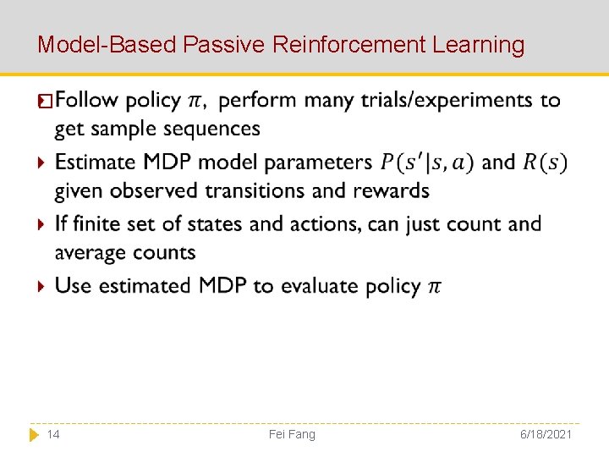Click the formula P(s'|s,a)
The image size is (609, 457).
tap(427, 162)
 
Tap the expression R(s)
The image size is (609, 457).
tap(545, 162)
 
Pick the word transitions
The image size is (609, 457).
tap(258, 191)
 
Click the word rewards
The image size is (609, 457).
tap(390, 191)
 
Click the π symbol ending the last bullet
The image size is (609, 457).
tap(433, 287)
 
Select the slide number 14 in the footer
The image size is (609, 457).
tap(52, 434)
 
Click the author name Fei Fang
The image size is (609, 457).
tap(292, 434)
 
